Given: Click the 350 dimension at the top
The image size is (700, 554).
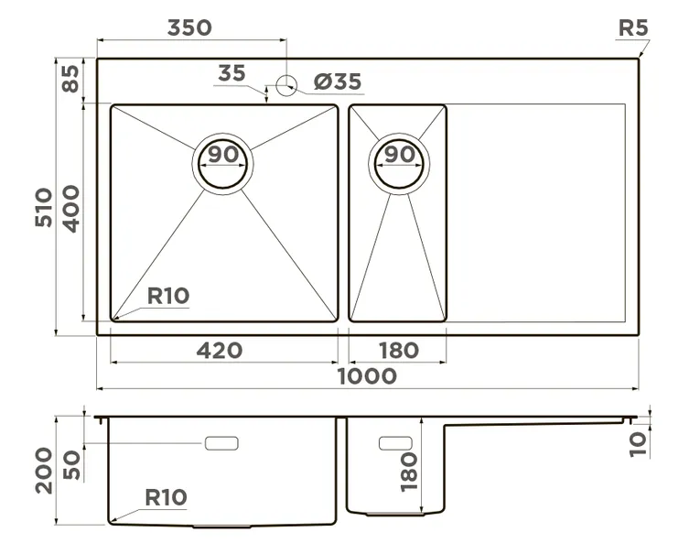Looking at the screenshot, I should [189, 27].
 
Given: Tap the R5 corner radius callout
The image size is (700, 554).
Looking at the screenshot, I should [632, 27].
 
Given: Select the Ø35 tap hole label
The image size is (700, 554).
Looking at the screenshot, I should [338, 82].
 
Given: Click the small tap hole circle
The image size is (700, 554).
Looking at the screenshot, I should [286, 86].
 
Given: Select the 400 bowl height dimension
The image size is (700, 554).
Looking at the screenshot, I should [72, 209].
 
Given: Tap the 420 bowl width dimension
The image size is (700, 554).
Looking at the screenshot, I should [220, 350].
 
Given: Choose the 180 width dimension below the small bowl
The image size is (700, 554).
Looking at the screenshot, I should [397, 350].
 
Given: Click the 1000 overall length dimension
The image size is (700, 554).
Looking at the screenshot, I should [367, 376].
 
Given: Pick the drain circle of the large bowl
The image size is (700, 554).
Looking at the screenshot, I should [221, 167].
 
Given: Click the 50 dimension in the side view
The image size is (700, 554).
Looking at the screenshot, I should [72, 466].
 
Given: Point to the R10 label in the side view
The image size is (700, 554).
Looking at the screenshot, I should [166, 497].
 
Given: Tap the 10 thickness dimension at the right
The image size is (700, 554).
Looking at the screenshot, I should [638, 442].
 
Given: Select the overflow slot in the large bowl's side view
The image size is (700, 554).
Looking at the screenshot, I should [221, 443].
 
